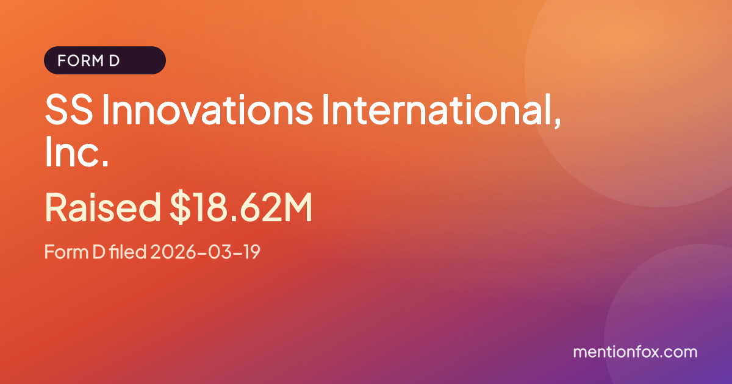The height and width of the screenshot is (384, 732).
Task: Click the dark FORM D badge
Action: (x=104, y=60)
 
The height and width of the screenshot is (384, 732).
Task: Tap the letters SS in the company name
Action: (x=69, y=110)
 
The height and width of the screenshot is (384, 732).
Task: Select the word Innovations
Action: (x=207, y=110)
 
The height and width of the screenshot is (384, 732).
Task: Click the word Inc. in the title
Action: (x=76, y=152)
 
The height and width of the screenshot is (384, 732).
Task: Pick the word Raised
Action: (x=103, y=208)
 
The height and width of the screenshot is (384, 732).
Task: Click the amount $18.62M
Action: (x=241, y=208)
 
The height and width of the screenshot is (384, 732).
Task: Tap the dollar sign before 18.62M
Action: (x=180, y=208)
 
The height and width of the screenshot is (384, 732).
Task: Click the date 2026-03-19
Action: (x=205, y=252)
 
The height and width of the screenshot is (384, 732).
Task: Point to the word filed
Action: (x=127, y=251)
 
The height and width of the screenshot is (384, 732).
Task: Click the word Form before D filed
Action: (x=66, y=252)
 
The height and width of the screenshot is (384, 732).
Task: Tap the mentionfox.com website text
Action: (x=635, y=352)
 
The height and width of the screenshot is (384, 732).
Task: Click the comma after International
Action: (x=556, y=123)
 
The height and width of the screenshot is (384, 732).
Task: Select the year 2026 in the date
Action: (x=173, y=252)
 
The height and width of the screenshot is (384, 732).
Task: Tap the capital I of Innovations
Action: (x=105, y=110)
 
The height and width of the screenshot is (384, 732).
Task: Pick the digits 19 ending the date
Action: (x=252, y=252)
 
